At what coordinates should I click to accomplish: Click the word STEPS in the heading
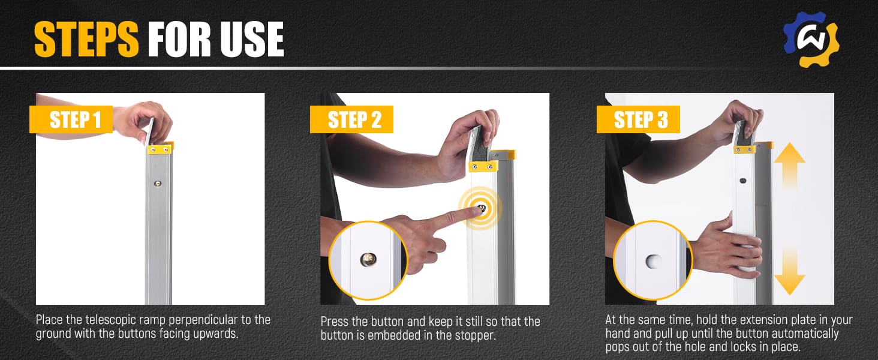tap(86, 39)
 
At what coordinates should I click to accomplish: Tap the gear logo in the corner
tap(811, 39)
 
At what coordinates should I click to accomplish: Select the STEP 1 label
tap(71, 119)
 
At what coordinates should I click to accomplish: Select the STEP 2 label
tap(351, 119)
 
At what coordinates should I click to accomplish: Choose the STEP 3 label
tap(638, 119)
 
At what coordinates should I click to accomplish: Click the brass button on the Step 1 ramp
tap(158, 183)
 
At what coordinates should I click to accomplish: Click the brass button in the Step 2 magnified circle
tap(368, 259)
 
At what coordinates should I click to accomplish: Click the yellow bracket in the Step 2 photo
tap(484, 166)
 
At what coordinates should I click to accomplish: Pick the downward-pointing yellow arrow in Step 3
tap(789, 271)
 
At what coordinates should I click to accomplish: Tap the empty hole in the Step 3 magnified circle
tap(654, 261)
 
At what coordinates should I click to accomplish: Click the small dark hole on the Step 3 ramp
tap(742, 181)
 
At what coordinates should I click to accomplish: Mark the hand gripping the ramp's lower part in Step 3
tap(729, 247)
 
